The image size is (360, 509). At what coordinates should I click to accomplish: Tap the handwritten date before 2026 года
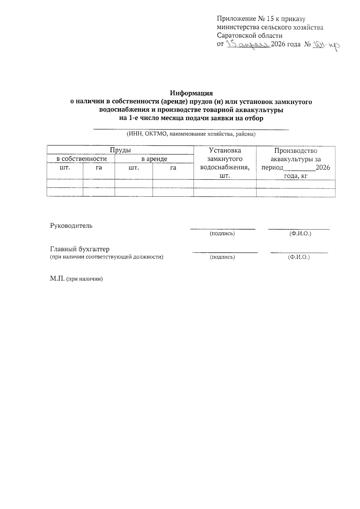coord(248,45)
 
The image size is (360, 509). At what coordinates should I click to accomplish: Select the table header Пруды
coord(120,150)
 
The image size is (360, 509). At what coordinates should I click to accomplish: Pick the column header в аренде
coord(154,159)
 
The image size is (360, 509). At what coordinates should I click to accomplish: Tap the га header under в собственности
coord(99,168)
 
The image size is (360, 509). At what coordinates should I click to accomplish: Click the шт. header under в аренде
coord(133,168)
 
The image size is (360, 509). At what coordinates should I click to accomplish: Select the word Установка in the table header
coord(225,151)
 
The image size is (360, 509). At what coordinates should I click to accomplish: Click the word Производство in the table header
coord(295,151)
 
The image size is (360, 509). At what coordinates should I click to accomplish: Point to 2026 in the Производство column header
coord(323,168)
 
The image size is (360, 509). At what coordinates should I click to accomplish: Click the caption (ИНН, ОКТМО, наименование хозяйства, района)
coord(191,134)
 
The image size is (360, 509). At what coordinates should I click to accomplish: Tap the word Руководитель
coord(71,226)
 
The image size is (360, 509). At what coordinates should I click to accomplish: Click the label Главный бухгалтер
coord(79,249)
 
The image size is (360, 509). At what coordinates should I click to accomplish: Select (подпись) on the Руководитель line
coord(222,233)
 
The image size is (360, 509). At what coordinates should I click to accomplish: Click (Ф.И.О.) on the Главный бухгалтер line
coord(298,257)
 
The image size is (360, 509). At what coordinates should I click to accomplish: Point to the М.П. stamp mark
coord(57,279)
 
